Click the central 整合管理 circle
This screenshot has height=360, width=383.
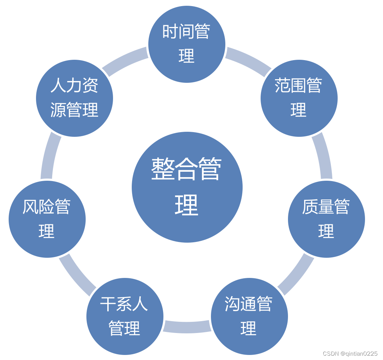coord(187,187)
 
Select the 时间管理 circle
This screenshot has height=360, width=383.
coord(187,44)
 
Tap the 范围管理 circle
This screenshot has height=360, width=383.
coord(299,98)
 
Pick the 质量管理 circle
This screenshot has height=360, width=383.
coord(326,219)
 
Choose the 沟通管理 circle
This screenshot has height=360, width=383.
coord(249,316)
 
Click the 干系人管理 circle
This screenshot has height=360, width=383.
coord(125,316)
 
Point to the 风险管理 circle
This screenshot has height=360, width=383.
coord(47,219)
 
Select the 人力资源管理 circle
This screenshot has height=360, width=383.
coord(75,98)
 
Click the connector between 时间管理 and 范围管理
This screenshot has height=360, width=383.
coord(248,61)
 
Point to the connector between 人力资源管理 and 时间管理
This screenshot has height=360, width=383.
coord(125,61)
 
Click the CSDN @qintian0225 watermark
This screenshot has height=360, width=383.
coord(350,354)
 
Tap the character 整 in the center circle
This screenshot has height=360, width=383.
coord(163,169)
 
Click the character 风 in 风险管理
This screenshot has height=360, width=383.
coord(30,207)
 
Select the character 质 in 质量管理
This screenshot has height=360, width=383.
coord(310,207)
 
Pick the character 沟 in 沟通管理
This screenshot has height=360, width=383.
coord(233,304)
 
